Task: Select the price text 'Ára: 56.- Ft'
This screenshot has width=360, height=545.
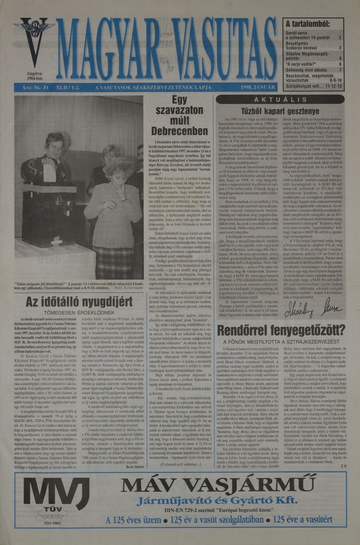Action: click(35, 88)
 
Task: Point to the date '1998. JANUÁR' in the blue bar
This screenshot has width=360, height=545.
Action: click(258, 88)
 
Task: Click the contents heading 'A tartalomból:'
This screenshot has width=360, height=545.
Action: click(308, 24)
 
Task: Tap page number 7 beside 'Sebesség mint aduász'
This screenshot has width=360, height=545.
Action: click(340, 70)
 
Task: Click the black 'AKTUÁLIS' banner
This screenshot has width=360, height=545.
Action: click(280, 100)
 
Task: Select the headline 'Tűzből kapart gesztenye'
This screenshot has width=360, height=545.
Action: click(280, 111)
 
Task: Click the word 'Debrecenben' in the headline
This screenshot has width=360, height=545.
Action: click(179, 131)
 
